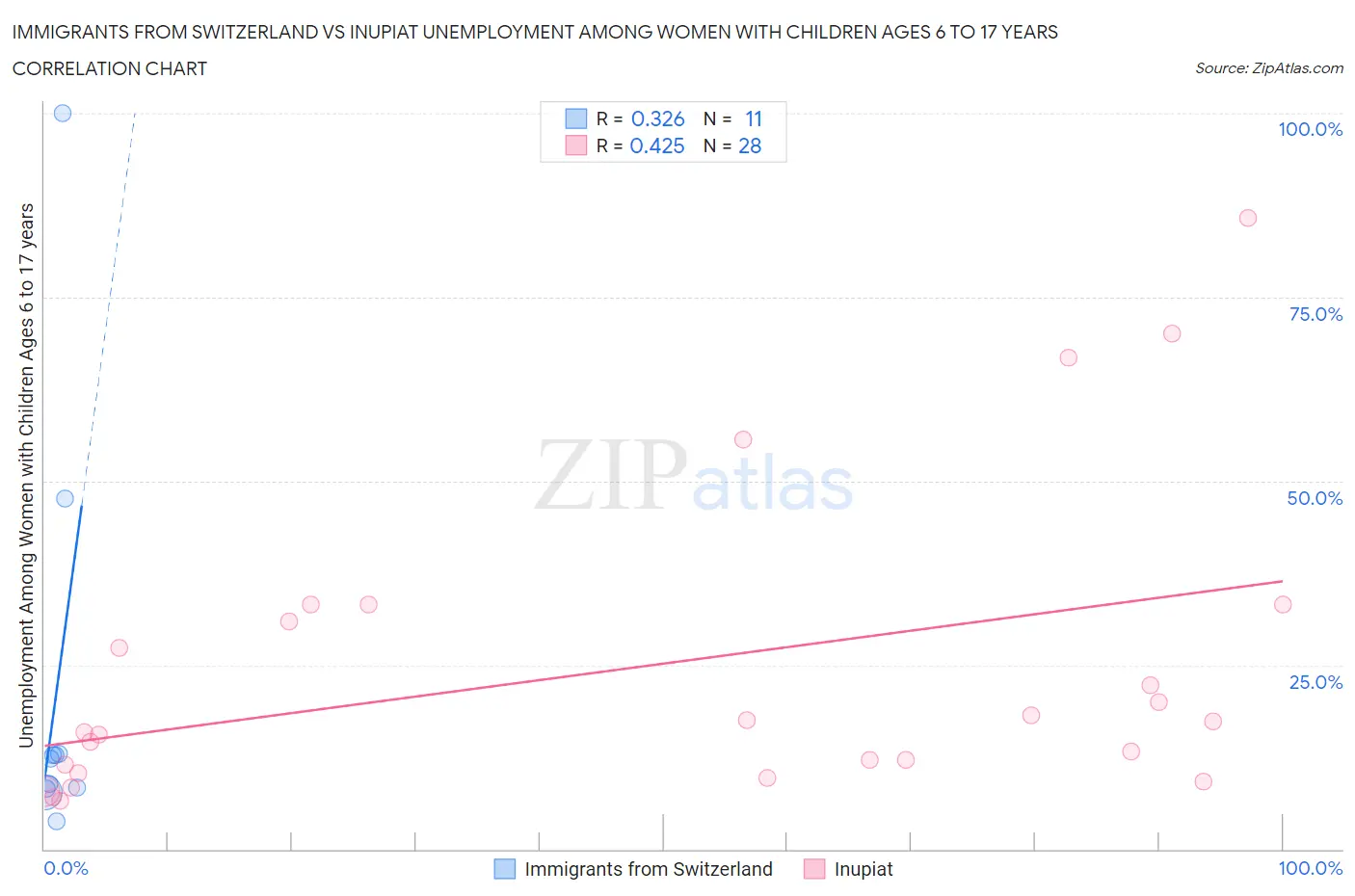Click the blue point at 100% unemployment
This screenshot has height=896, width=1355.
point(63,113)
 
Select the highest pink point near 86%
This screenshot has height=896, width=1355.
point(1247,218)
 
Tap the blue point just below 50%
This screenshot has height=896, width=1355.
point(65,498)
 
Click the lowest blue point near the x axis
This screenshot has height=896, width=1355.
point(56,821)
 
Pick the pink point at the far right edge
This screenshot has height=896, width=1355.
point(1282,604)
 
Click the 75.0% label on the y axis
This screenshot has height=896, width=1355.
point(1315,314)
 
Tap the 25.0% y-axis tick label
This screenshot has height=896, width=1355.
point(1315,682)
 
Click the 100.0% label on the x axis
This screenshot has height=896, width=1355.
point(1309,868)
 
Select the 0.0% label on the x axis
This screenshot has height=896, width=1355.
point(66,868)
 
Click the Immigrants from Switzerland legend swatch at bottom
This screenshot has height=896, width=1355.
point(505,869)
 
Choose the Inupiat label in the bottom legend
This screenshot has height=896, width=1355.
point(863,869)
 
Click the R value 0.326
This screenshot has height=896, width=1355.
point(657,119)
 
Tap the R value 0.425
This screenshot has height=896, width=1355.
point(656,145)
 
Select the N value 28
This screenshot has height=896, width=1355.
point(749,145)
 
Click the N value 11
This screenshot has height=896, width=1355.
point(753,119)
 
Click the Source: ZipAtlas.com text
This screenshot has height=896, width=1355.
point(1268,67)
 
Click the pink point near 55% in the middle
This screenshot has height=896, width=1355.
point(742,439)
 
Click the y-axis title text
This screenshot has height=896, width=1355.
point(26,475)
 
